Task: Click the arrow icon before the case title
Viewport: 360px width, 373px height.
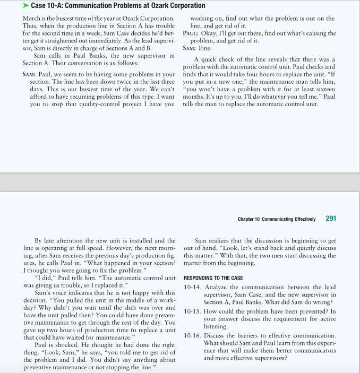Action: [26, 6]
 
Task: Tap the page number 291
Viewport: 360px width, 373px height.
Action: [330, 218]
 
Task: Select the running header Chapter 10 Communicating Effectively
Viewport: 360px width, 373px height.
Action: [277, 219]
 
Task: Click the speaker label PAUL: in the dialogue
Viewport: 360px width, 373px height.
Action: [191, 33]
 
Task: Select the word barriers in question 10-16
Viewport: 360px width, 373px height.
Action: [248, 335]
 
